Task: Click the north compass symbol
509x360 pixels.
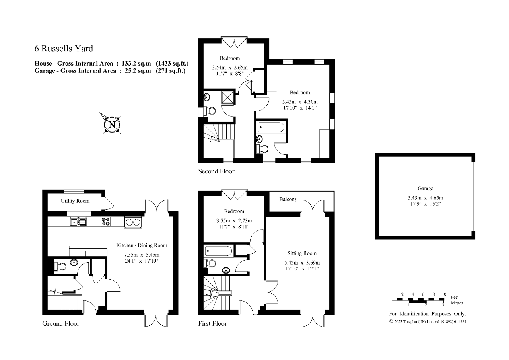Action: point(112,125)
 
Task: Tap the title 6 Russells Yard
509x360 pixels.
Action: point(64,49)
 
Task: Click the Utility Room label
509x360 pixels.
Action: point(75,201)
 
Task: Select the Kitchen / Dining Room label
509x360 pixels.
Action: point(142,245)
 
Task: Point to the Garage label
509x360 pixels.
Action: point(425,188)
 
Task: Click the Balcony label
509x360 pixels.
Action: point(288,199)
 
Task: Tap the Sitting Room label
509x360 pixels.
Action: point(302,253)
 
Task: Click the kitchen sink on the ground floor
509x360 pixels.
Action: point(78,222)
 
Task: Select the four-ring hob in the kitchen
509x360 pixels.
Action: point(106,222)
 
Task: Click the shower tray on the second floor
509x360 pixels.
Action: point(228,97)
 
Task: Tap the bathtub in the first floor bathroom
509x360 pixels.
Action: point(218,251)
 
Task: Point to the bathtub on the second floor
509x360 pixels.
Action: point(271,127)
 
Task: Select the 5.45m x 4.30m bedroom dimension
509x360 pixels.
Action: point(300,102)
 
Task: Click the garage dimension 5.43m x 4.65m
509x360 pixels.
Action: point(425,198)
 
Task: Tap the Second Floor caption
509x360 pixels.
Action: point(216,171)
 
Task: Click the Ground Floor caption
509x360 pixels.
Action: point(61,323)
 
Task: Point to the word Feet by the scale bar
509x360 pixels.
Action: point(455,297)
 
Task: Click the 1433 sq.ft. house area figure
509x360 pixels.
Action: point(172,63)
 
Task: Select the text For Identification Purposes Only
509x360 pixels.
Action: point(427,314)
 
